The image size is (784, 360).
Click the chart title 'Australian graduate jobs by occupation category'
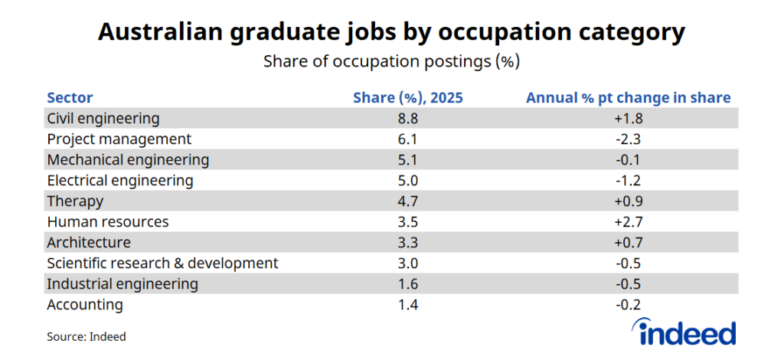click(391, 33)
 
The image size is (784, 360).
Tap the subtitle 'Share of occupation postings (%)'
click(391, 62)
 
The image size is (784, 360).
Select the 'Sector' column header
click(70, 98)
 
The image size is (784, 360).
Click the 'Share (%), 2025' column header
click(407, 98)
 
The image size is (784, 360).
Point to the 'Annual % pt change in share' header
click(628, 98)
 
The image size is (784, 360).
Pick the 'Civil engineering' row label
click(103, 119)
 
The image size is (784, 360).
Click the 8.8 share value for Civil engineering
click(407, 119)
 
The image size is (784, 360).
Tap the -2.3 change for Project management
click(628, 139)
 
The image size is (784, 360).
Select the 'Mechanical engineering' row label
click(128, 160)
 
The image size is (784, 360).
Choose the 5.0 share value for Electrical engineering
click(407, 181)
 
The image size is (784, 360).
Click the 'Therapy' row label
click(75, 201)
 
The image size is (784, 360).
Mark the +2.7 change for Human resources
click(628, 222)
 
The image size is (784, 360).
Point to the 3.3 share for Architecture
click(407, 243)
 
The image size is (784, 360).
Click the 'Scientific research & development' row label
click(162, 263)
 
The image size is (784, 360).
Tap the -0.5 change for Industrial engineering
click(628, 284)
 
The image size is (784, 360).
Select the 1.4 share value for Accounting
click(407, 305)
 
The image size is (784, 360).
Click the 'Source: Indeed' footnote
click(87, 336)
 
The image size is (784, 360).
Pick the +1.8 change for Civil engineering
click(628, 119)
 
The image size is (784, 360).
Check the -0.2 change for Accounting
click(628, 305)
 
